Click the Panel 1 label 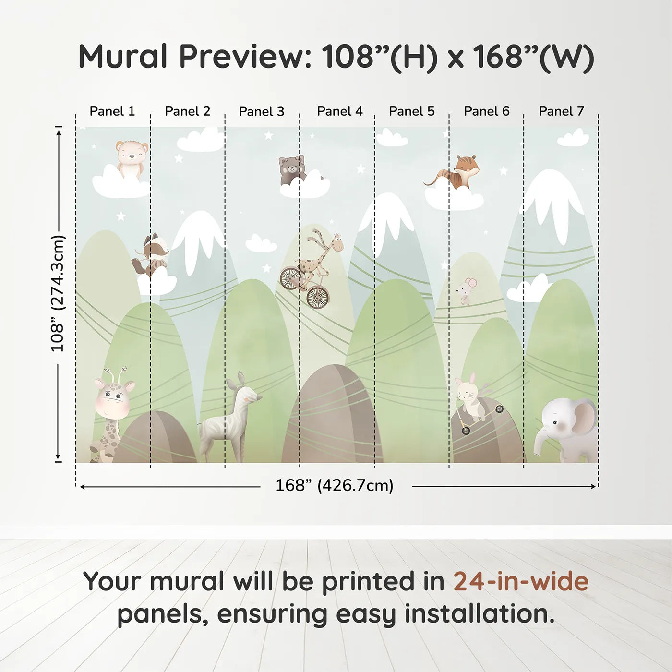coord(112,111)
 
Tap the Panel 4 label coord(340,111)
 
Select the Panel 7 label coord(561,111)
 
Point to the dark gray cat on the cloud coord(293,171)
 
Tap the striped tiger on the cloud coord(453,173)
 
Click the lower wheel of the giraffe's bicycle coord(318,298)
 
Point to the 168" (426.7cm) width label coord(335,485)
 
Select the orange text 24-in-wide coord(521,581)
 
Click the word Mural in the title coord(123,56)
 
